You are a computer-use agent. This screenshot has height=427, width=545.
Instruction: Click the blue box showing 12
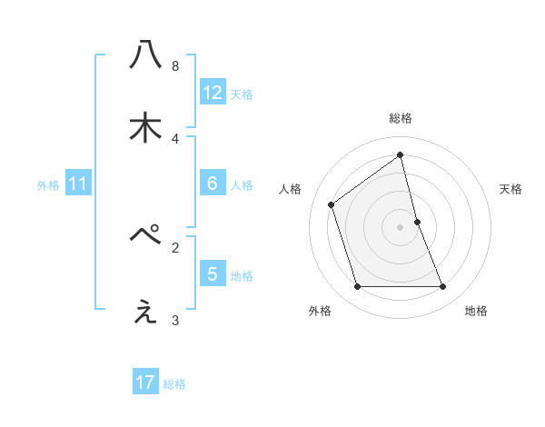tap(213, 92)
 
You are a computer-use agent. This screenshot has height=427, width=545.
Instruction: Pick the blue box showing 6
tap(213, 184)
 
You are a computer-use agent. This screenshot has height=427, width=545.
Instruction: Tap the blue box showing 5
tap(213, 273)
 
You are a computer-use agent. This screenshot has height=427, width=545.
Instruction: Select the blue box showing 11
tap(78, 184)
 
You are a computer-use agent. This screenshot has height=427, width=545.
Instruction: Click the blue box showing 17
tap(145, 382)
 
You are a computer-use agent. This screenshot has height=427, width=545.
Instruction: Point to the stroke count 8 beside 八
tap(175, 65)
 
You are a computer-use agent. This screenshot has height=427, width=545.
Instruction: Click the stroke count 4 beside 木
tap(175, 138)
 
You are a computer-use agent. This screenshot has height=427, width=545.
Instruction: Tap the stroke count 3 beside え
tap(175, 320)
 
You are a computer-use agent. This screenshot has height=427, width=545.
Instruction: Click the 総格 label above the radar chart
tap(401, 118)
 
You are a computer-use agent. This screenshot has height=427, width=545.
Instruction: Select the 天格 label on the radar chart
tap(510, 189)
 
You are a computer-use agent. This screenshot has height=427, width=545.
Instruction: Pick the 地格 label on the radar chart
tap(476, 311)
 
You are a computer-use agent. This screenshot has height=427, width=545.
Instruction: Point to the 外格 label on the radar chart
tap(320, 311)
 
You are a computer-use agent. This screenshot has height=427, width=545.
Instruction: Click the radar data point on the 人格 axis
tap(332, 204)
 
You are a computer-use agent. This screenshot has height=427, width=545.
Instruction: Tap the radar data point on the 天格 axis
tap(417, 222)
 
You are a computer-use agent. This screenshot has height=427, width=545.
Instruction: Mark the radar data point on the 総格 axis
tap(401, 154)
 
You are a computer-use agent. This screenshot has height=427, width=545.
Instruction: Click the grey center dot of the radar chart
tap(401, 227)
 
